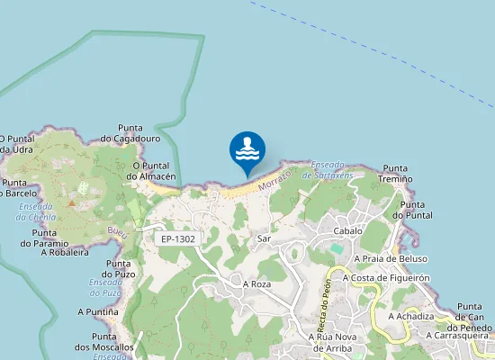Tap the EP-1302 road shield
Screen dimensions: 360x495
[177, 238]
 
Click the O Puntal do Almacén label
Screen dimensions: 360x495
[150, 171]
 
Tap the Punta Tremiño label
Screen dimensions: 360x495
[396, 174]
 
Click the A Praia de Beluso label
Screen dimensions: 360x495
[391, 258]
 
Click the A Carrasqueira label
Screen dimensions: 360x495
[455, 335]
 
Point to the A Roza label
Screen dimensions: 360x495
[256, 283]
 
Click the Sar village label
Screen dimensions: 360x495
[264, 238]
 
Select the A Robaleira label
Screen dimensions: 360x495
[65, 253]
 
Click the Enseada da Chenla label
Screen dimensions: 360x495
[37, 211]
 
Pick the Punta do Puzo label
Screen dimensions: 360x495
[120, 269]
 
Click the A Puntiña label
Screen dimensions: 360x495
[97, 311]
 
